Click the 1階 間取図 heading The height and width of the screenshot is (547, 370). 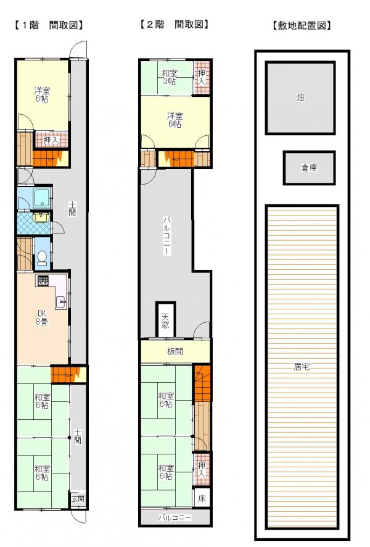[x=49, y=25]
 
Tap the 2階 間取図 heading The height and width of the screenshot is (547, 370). [x=174, y=24]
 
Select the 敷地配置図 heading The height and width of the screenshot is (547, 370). [x=302, y=25]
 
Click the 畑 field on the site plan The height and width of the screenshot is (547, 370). [x=300, y=98]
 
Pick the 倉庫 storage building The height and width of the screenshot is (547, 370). [x=310, y=168]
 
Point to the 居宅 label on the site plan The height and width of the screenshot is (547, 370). [x=302, y=367]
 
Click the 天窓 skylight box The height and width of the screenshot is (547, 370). [x=165, y=320]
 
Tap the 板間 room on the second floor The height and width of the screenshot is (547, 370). [x=175, y=351]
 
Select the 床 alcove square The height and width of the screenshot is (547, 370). [x=202, y=498]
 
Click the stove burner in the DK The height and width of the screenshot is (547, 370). [x=43, y=281]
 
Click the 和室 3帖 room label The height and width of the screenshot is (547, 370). [x=170, y=77]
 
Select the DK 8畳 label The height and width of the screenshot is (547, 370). [x=42, y=317]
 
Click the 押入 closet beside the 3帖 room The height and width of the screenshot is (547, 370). [x=202, y=77]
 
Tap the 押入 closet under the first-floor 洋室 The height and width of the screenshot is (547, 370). [x=51, y=140]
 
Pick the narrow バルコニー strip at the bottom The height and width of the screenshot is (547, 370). [x=175, y=517]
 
